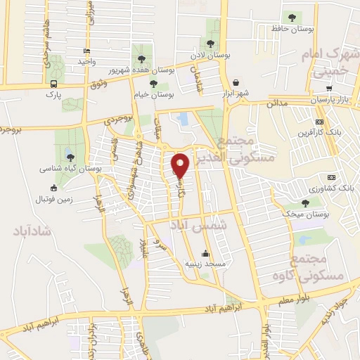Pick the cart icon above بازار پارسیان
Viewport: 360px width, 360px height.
pyautogui.click(x=329, y=89)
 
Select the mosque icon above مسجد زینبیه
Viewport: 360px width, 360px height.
pyautogui.click(x=205, y=254)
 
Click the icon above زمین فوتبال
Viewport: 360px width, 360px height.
pyautogui.click(x=55, y=188)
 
